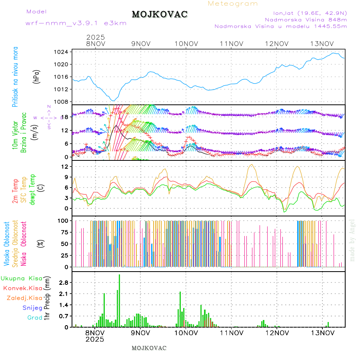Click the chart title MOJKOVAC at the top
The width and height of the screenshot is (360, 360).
coord(160,14)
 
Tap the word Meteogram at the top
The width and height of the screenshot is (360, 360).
coord(233,4)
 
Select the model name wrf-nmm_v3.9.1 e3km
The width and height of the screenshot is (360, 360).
coord(76,23)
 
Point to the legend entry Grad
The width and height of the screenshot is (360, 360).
coord(35,318)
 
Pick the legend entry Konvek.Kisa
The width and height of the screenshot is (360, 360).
coord(23,288)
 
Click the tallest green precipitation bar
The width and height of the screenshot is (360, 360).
coord(119,300)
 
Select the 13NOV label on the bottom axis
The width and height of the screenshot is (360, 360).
coord(322,332)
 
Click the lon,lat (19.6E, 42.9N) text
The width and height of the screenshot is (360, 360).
coord(310,12)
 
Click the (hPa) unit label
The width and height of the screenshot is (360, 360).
coord(37,76)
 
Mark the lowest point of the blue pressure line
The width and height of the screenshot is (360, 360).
coord(114,101)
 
